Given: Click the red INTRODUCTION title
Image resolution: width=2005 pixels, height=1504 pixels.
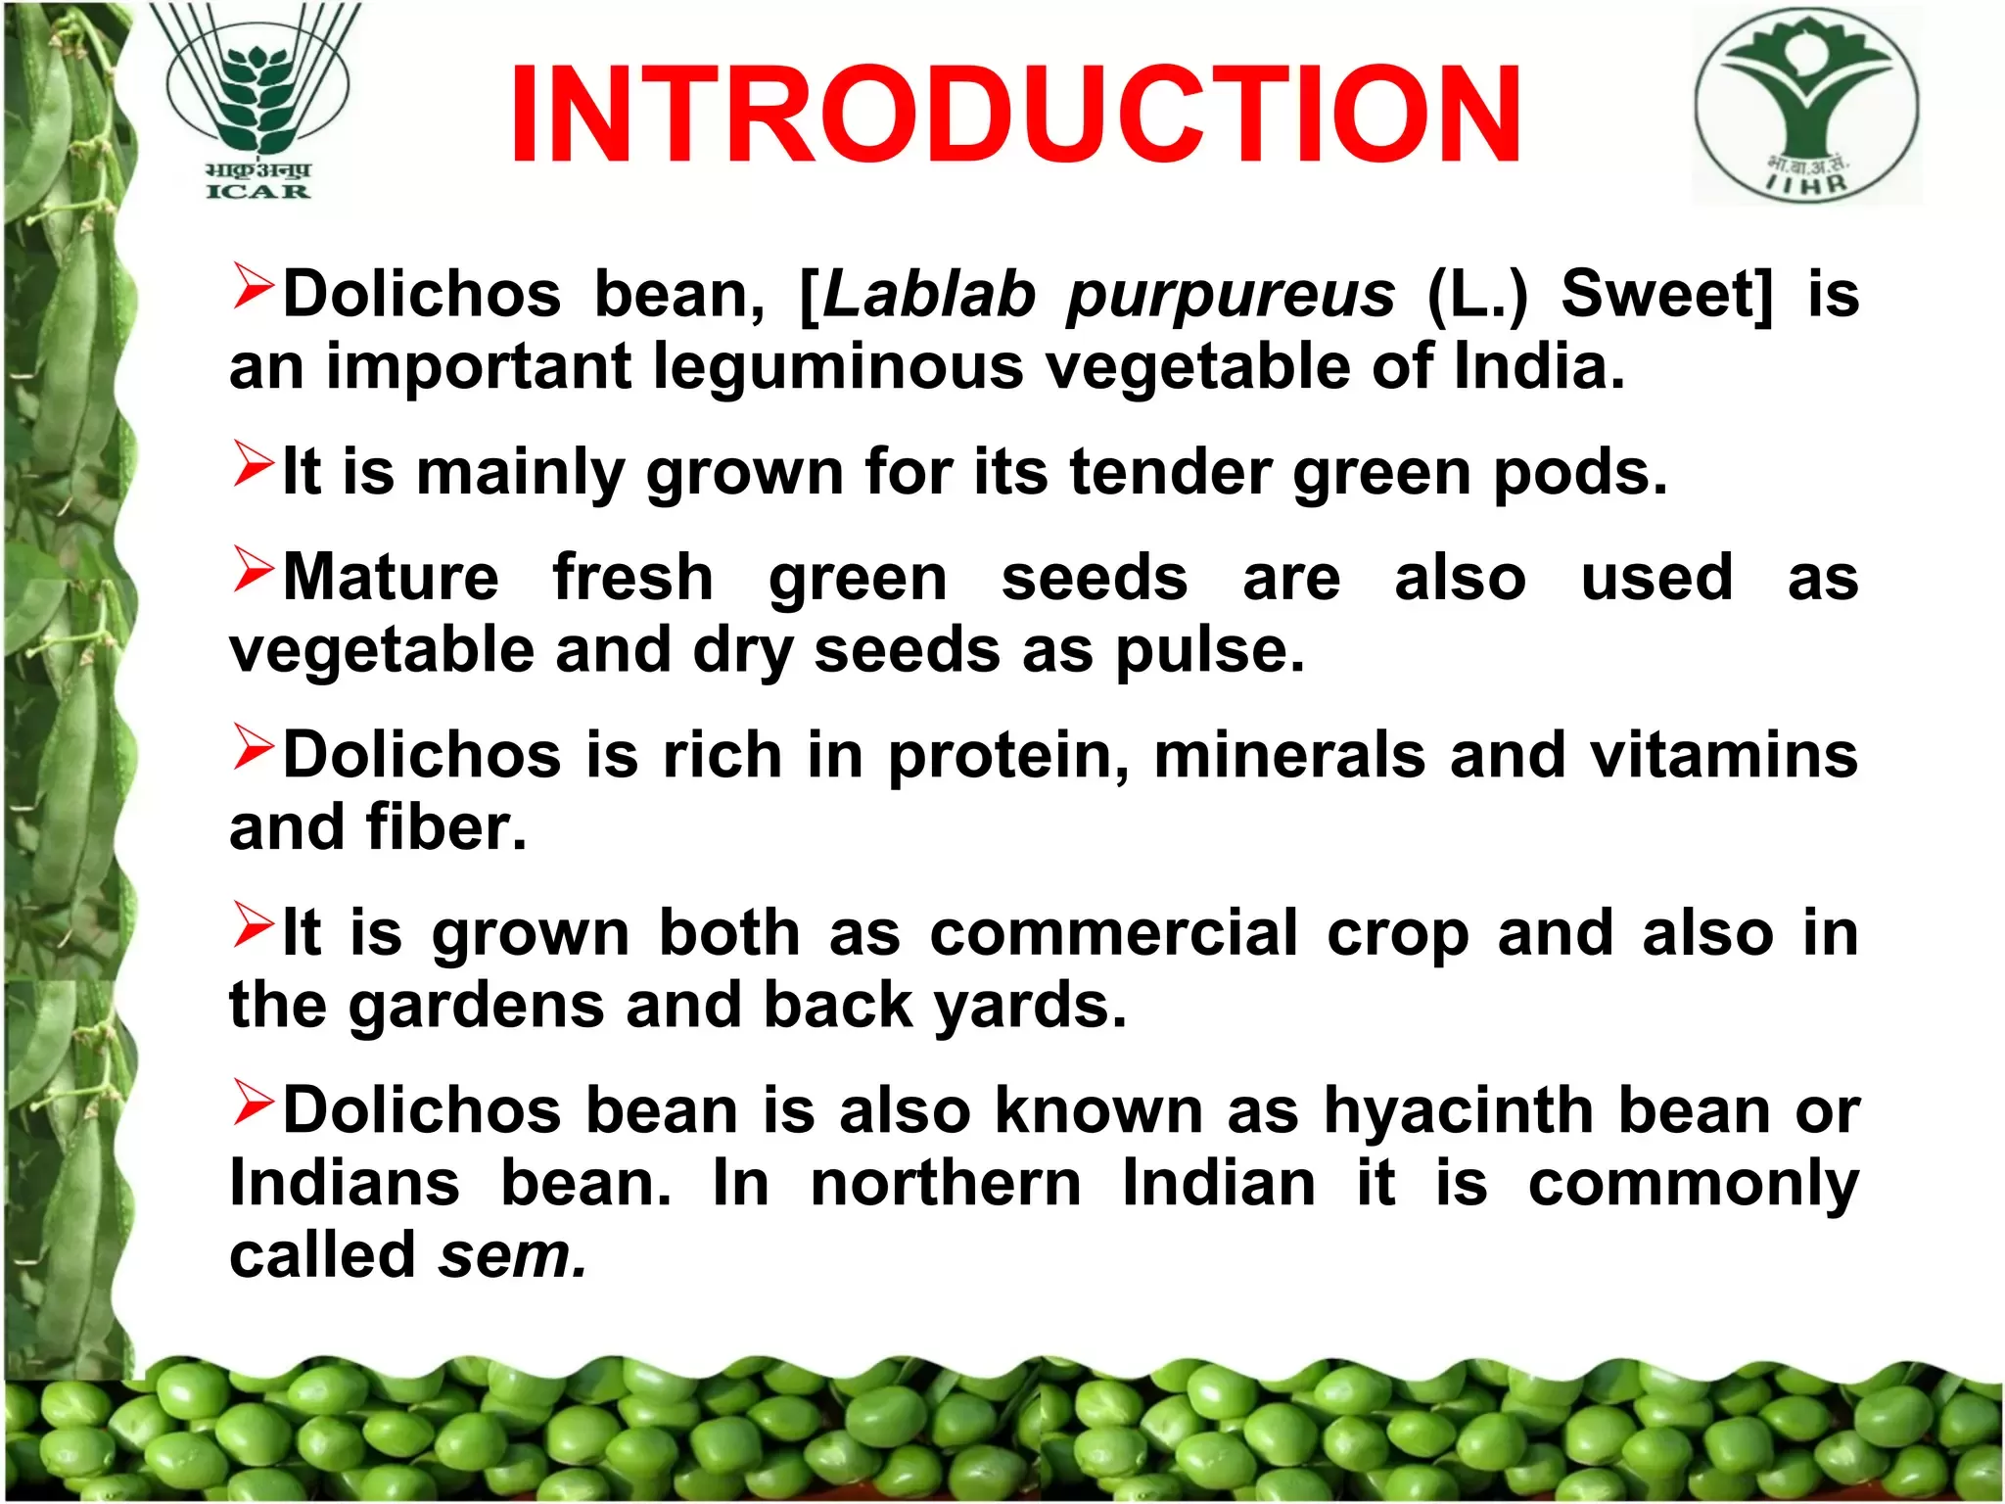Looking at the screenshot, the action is point(1015,114).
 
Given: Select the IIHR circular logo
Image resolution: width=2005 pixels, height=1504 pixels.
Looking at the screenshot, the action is point(1807,106).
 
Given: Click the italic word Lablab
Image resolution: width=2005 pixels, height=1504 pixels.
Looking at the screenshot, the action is point(928,294).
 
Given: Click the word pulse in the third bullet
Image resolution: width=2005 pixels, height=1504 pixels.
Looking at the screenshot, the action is point(1209,650).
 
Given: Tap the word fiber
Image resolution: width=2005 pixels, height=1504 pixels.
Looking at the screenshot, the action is point(446,826).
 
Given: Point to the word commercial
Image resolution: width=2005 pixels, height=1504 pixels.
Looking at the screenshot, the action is point(1114,933).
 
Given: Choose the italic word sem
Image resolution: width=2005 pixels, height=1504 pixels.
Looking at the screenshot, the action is point(512,1256).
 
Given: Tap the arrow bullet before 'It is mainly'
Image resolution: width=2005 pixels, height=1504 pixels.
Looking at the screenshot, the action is point(254,464).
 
